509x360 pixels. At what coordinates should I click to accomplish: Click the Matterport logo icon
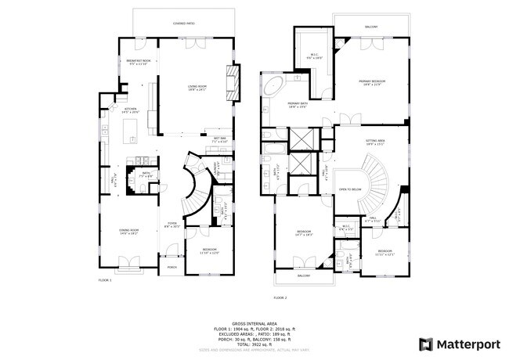[426, 343]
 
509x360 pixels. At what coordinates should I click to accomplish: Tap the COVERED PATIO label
[184, 24]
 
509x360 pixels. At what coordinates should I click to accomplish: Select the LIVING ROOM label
[197, 87]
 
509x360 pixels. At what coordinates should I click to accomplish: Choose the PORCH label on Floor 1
[171, 268]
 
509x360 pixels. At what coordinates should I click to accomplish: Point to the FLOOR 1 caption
[105, 279]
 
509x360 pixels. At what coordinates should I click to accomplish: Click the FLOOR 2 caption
[280, 298]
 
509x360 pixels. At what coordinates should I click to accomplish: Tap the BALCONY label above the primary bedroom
[370, 27]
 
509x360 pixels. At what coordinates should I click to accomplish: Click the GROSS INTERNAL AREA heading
[254, 322]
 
